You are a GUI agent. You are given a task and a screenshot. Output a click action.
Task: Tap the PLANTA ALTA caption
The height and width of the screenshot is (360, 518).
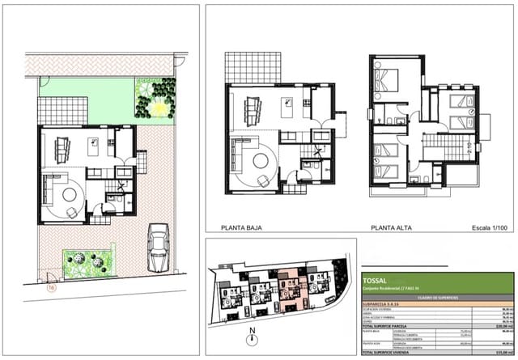[390, 229]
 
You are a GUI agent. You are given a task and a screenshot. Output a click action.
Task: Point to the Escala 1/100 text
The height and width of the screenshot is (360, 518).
[492, 229]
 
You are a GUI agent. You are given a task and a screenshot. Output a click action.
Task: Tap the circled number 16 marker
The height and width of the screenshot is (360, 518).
[53, 286]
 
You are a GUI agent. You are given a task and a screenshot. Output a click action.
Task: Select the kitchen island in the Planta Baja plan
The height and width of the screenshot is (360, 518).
[287, 104]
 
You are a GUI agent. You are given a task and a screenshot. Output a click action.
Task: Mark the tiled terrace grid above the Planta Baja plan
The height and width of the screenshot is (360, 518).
[253, 67]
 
